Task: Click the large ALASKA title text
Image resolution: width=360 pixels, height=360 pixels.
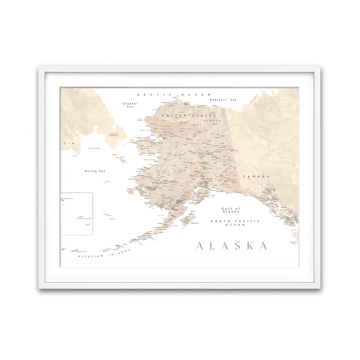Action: tap(232, 246)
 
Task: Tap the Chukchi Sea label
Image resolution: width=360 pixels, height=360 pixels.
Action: tap(130, 105)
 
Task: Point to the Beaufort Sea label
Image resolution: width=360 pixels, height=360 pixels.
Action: tap(223, 100)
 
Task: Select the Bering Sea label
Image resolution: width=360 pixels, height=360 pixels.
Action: tap(95, 171)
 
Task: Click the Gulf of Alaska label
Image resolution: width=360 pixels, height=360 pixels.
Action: tap(231, 210)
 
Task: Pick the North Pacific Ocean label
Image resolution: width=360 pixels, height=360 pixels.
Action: tap(235, 223)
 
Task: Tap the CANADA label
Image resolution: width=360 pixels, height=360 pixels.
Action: tap(256, 176)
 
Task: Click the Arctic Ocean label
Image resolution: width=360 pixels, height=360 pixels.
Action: tap(174, 95)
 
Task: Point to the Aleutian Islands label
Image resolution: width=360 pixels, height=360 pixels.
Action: tap(104, 253)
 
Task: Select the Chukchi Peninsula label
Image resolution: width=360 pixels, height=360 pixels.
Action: tap(114, 135)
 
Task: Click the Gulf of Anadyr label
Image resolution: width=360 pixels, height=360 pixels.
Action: tap(94, 148)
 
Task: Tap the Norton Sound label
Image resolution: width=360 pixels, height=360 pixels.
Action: tap(150, 160)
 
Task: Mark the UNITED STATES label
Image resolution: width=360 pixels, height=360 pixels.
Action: tap(189, 115)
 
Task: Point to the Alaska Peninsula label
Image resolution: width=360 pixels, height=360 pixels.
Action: tap(162, 227)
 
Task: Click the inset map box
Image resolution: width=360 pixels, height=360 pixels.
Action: tap(76, 214)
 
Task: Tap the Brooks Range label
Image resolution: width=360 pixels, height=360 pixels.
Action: tap(183, 122)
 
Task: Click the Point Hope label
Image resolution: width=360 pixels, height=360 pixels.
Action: tap(140, 120)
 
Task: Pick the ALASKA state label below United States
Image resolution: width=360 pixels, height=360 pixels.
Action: tap(212, 121)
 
